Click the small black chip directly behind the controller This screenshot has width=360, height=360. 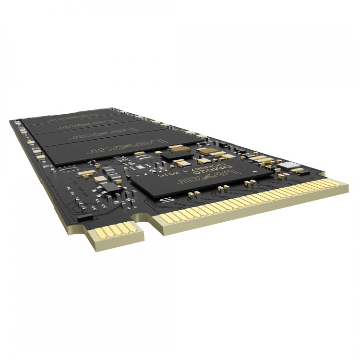[x=171, y=155]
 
